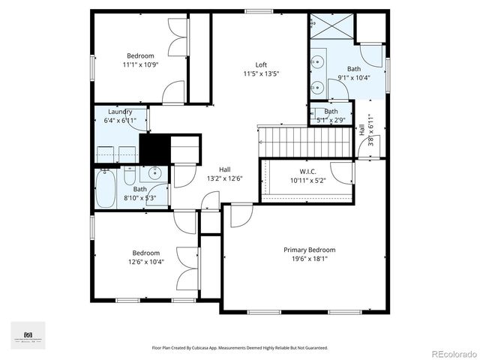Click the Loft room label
pos(260,64)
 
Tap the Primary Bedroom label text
pos(309,250)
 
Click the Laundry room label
pos(120,112)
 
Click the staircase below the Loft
pos(305,138)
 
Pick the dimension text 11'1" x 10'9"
pos(140,64)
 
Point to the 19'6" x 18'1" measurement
pos(309,259)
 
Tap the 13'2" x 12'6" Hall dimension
pos(224,178)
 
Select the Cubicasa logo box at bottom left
pos(28,335)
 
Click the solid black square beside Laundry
pos(155,147)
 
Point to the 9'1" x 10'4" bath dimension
pos(354,77)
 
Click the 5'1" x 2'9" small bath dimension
pos(331,119)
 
